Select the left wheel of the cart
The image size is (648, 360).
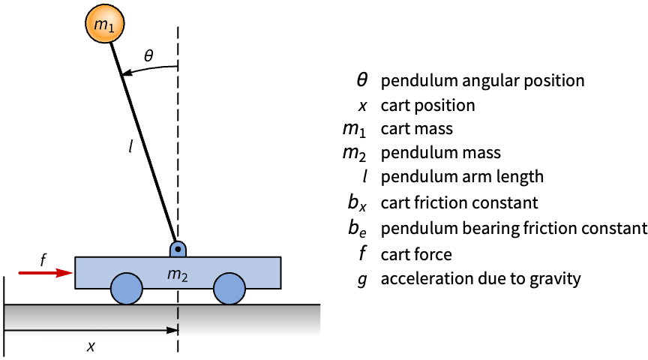pos(126,288)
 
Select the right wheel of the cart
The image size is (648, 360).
pos(229,288)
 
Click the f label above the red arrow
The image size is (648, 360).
pos(43,259)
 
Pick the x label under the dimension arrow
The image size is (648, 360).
pos(91,346)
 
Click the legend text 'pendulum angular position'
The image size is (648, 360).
pos(482,80)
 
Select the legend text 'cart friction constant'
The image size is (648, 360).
pos(459,202)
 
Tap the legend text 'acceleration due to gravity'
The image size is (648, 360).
pos(481,280)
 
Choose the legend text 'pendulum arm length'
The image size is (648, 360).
pos(462,177)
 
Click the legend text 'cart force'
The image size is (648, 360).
pos(416,254)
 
